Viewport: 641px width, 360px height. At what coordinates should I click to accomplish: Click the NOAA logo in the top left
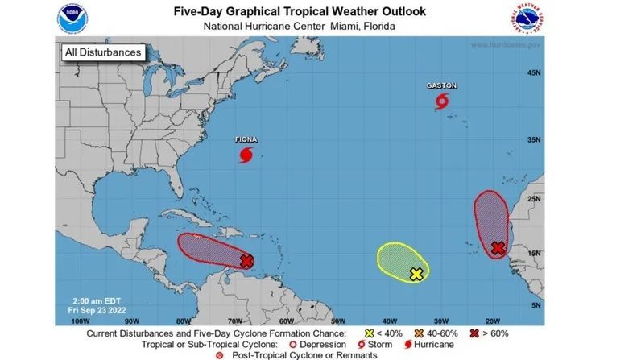click(70, 18)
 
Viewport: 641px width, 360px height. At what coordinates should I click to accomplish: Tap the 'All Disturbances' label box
click(102, 52)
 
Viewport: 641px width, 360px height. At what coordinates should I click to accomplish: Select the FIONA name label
click(246, 139)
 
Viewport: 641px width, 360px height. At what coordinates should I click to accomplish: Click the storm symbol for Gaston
click(441, 101)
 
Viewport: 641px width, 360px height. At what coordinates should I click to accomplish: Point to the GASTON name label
click(440, 85)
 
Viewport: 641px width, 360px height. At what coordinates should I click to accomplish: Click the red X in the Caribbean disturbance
click(246, 260)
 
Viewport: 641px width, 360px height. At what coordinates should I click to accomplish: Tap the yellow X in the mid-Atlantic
click(416, 274)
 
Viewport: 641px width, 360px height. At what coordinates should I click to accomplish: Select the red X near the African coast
click(498, 248)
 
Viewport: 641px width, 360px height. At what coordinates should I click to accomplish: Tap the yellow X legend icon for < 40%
click(370, 333)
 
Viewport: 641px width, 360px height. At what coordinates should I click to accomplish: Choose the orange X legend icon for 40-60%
click(420, 333)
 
